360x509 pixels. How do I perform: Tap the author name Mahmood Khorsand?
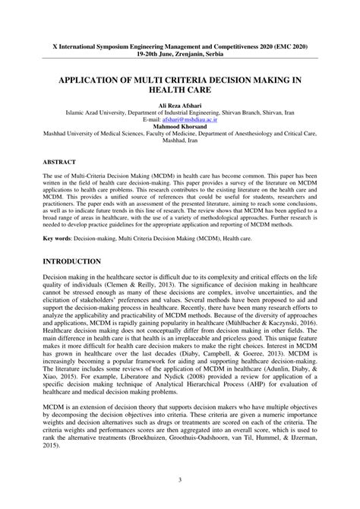(179, 127)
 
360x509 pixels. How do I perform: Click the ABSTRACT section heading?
(59, 163)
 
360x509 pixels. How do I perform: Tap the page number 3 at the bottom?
(179, 479)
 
